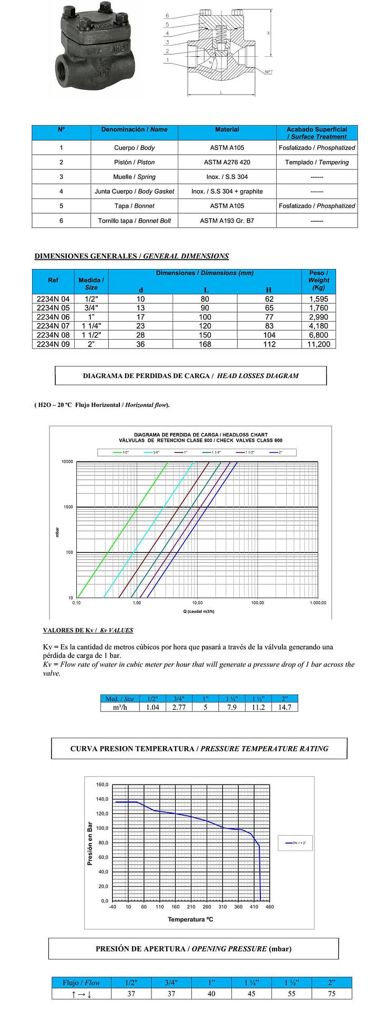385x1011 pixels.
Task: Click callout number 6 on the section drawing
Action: click(x=167, y=16)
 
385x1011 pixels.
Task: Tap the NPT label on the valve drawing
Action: click(x=268, y=72)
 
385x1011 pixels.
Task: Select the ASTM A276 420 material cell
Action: click(x=227, y=162)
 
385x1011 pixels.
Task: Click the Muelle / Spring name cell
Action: click(x=134, y=177)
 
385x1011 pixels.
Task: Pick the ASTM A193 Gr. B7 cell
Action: click(x=227, y=221)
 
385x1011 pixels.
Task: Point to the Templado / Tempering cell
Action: click(x=317, y=162)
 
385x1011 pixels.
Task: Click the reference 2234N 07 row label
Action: click(x=53, y=326)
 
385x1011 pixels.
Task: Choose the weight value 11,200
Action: click(x=319, y=344)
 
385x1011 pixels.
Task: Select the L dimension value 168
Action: click(x=205, y=344)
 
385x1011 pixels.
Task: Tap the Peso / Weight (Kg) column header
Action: click(x=319, y=280)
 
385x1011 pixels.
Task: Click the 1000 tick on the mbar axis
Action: click(x=68, y=507)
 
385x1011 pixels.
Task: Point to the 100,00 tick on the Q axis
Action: click(x=258, y=603)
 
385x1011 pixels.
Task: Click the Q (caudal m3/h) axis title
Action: click(x=199, y=611)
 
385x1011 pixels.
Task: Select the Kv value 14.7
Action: click(x=285, y=707)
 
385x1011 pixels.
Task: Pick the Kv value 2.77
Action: click(x=179, y=707)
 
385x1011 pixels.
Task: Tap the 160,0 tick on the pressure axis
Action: click(x=102, y=785)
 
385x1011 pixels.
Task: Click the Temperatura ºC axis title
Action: click(x=190, y=919)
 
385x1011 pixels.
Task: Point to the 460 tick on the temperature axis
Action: click(x=270, y=907)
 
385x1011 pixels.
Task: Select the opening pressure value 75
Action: click(x=331, y=994)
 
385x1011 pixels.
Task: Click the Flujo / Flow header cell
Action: click(x=82, y=983)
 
